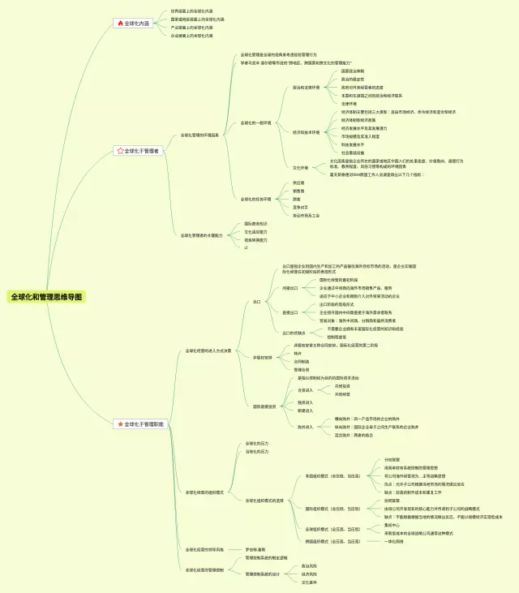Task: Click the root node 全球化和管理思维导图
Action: pos(46,297)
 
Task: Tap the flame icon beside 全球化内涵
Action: pos(121,24)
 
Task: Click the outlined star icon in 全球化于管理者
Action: pos(121,151)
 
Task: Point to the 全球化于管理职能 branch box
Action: pos(139,423)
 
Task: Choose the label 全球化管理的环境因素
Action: pos(199,135)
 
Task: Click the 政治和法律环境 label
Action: pos(307,87)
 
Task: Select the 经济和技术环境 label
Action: pos(307,131)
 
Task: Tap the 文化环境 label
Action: pos(301,168)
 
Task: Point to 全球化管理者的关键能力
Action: pos(201,235)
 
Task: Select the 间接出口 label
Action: pos(290,287)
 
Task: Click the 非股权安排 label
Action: pos(263,357)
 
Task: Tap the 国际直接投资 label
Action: pos(264,406)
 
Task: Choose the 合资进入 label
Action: pos(305,390)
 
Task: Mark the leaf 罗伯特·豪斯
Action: pos(256,549)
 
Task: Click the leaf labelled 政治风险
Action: pos(309,565)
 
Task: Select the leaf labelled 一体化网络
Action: pos(396,541)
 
